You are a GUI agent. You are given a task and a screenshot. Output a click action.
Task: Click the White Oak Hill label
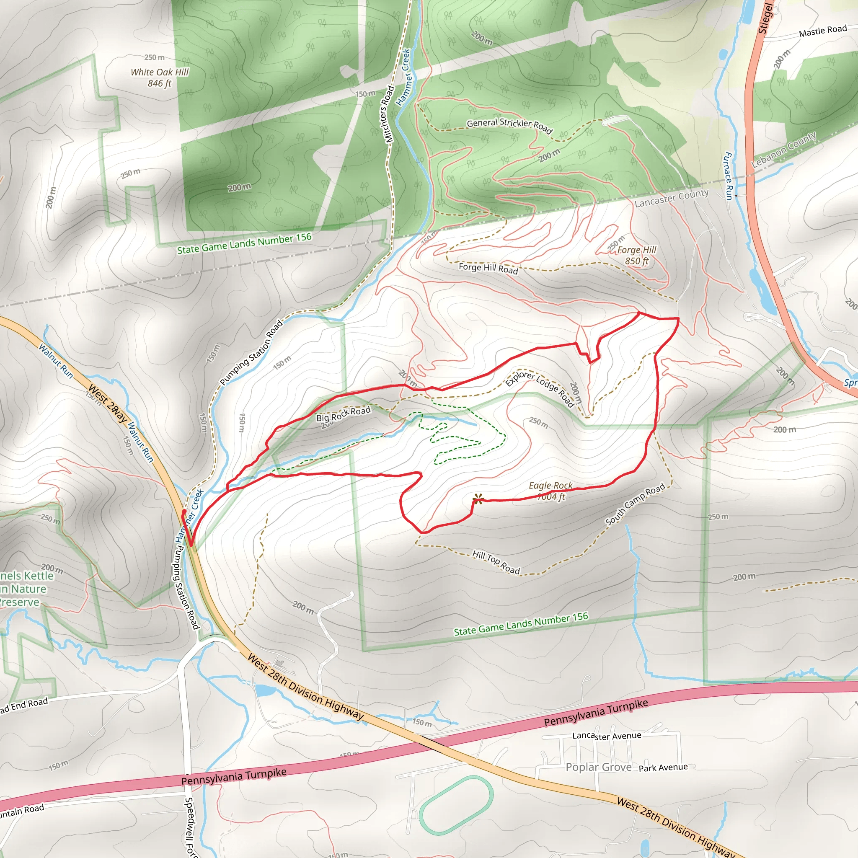coord(160,77)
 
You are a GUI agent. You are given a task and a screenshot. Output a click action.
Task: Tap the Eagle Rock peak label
coord(550,491)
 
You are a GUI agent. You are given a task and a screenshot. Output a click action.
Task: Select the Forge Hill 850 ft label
coord(636,256)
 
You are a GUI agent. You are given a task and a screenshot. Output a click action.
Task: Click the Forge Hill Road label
coord(488,268)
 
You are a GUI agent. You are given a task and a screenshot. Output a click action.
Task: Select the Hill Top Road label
coord(496,562)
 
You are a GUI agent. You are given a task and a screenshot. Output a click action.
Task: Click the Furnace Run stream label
coord(728,176)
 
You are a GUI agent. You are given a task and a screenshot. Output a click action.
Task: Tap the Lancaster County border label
coord(672,198)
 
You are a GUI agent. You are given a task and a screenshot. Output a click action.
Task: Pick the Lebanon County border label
coord(783,150)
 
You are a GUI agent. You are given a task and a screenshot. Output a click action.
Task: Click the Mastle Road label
coord(822,31)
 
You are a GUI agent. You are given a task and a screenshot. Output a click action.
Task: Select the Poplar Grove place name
coord(598,767)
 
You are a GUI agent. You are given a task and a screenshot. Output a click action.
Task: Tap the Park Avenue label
coord(663,768)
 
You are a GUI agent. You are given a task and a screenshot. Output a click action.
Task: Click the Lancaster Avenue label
coord(607,736)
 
